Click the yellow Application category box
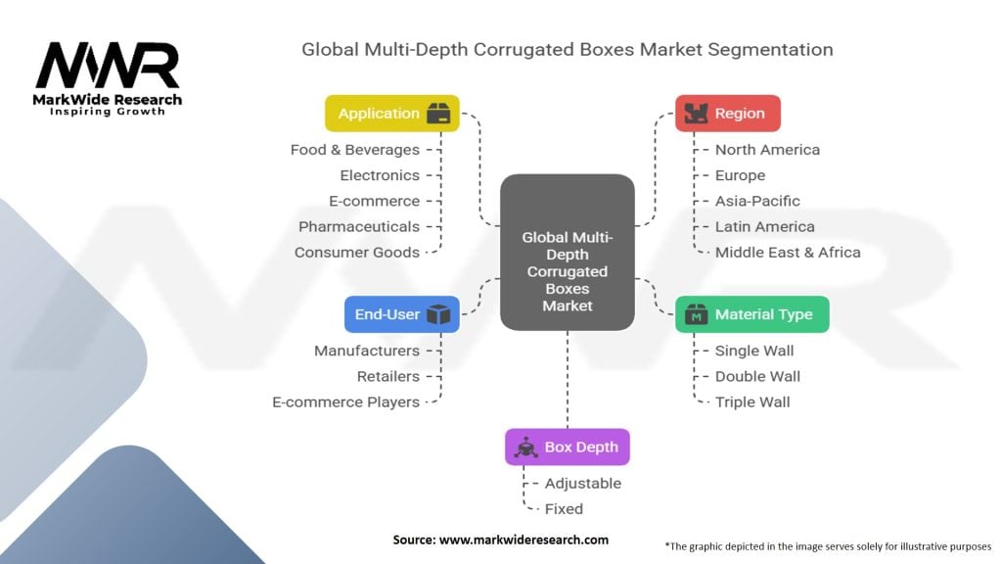coord(391,114)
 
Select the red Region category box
coord(727,114)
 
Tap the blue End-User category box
coord(401,314)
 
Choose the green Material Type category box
coord(751,314)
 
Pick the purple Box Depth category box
coord(568,446)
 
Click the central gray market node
coord(568,252)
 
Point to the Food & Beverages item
coord(354,150)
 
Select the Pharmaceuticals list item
coord(358,226)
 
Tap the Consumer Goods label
coord(356,252)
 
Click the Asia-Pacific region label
coord(757,201)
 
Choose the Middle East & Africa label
coord(788,252)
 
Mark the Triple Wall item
coord(752,401)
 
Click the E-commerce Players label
coord(345,401)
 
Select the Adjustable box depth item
coord(582,483)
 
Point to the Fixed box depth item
coord(564,508)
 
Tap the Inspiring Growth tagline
coord(108,112)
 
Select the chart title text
coord(568,49)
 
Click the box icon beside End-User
coord(437,314)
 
